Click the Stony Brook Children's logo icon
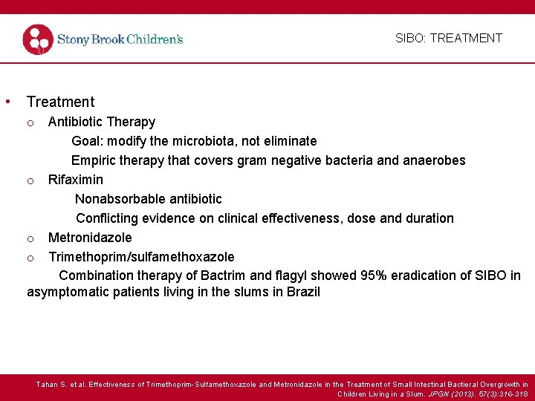pyautogui.click(x=38, y=39)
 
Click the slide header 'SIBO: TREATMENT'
pyautogui.click(x=448, y=38)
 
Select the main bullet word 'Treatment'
pyautogui.click(x=60, y=102)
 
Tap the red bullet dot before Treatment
pyautogui.click(x=7, y=101)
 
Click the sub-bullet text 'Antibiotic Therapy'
pyautogui.click(x=102, y=122)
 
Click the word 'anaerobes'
pyautogui.click(x=435, y=160)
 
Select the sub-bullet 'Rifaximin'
pyautogui.click(x=76, y=180)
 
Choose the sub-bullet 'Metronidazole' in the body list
pyautogui.click(x=90, y=238)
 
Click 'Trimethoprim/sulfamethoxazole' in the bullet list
pyautogui.click(x=141, y=257)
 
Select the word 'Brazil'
pyautogui.click(x=303, y=292)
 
